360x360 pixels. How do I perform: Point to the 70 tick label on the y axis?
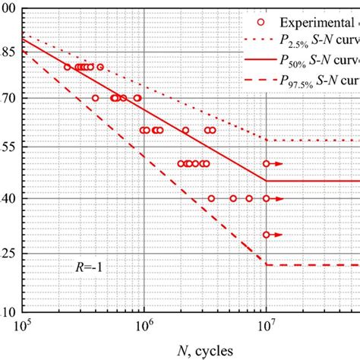click(x=10, y=98)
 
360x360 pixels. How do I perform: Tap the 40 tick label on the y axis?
click(x=10, y=197)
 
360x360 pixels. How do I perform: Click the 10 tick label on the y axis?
click(x=10, y=311)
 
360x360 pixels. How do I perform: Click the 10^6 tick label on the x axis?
click(x=143, y=327)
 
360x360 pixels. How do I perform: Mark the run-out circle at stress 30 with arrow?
click(x=266, y=235)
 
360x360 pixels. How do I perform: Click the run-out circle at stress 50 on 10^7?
click(x=266, y=163)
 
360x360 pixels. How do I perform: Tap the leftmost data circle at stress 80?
click(x=67, y=67)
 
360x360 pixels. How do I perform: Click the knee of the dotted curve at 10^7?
click(x=266, y=140)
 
